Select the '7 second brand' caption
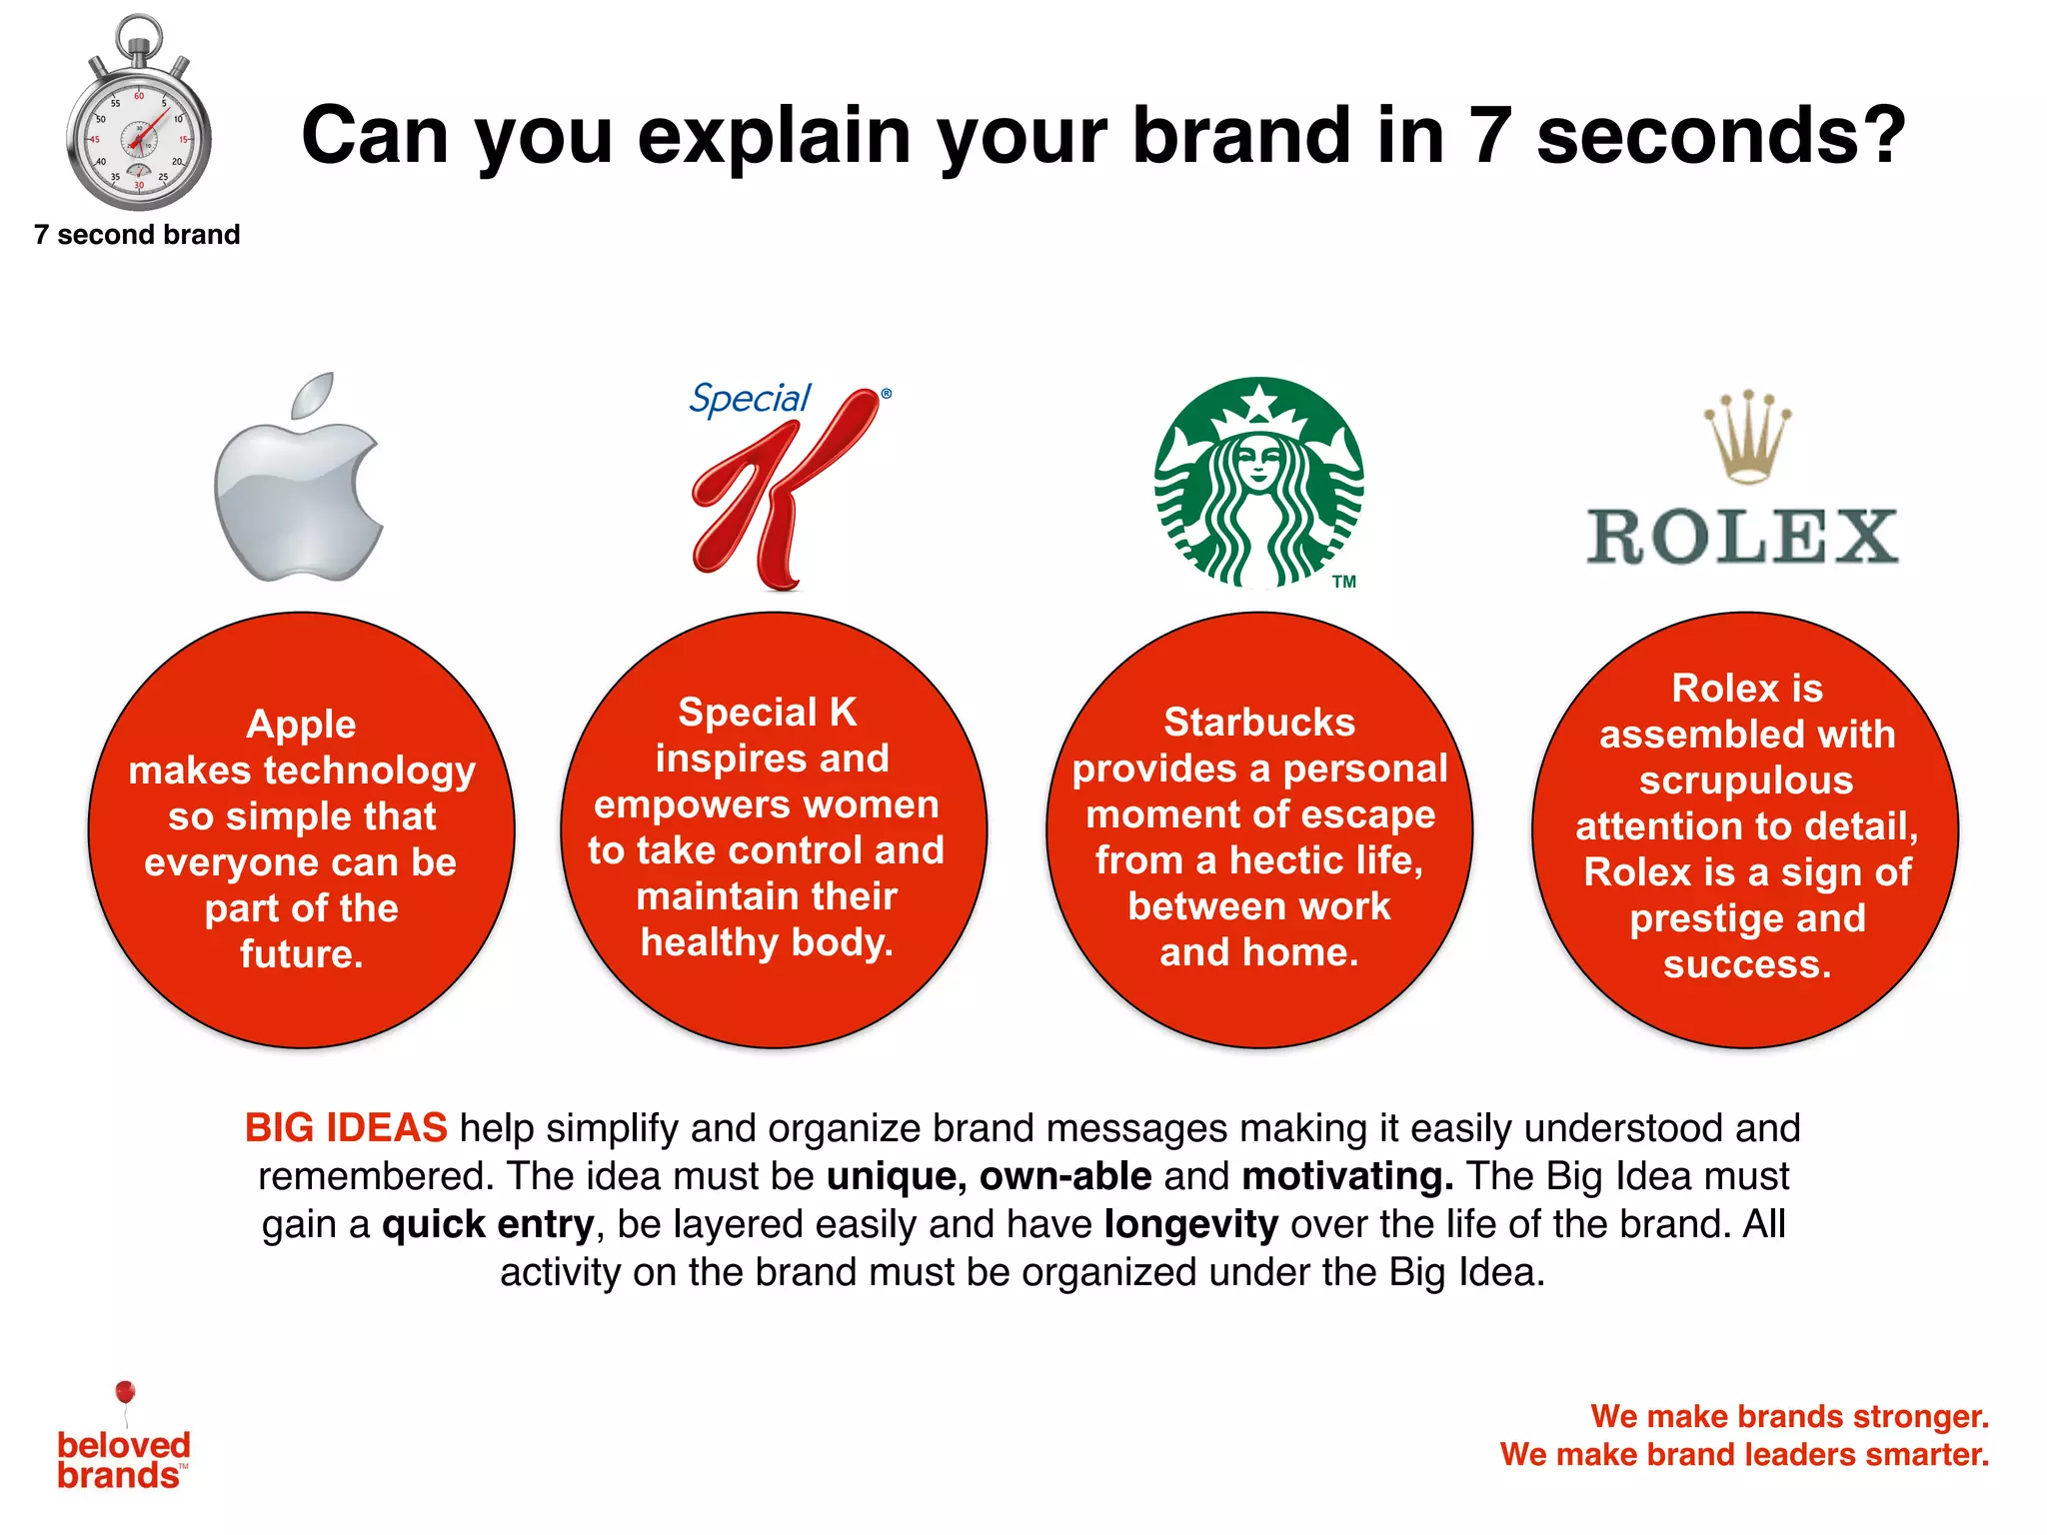pos(137,235)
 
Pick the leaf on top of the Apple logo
pos(314,396)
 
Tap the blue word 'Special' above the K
pos(750,399)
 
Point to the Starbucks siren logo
pos(1258,482)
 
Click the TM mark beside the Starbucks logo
pos(1344,582)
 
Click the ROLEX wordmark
pos(1743,537)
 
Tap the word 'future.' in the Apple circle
pos(302,954)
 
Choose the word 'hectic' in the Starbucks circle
pos(1291,860)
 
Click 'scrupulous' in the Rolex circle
pos(1746,780)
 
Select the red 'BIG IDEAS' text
pos(346,1128)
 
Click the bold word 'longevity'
pos(1190,1224)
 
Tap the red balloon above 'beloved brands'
pos(125,1392)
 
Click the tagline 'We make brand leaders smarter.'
pos(1744,1454)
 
